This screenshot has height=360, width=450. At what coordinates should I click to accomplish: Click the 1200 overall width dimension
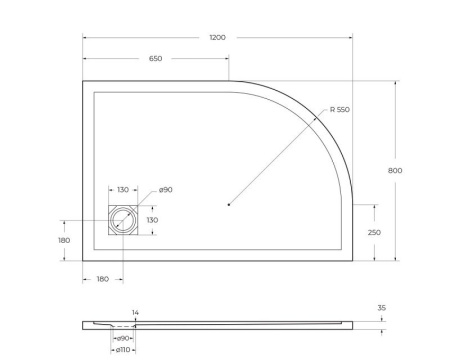(x=217, y=37)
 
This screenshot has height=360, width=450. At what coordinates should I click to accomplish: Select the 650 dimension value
(x=156, y=59)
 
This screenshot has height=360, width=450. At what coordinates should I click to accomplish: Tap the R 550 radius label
(x=337, y=108)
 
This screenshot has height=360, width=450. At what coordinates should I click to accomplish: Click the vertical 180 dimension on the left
(x=64, y=240)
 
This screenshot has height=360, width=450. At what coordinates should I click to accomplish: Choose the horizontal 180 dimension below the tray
(x=103, y=280)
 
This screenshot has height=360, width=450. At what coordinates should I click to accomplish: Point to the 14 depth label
(x=135, y=313)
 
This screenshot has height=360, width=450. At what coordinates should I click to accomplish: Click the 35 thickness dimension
(x=381, y=308)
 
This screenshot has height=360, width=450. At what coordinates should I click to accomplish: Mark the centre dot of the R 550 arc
(x=229, y=205)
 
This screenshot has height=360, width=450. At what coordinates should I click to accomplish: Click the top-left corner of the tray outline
(x=83, y=81)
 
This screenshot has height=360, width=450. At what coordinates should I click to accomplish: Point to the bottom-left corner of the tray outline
(x=83, y=260)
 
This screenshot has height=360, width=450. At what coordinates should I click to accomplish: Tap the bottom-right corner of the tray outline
(x=351, y=260)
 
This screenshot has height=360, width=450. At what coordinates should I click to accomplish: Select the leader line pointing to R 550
(x=280, y=155)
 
